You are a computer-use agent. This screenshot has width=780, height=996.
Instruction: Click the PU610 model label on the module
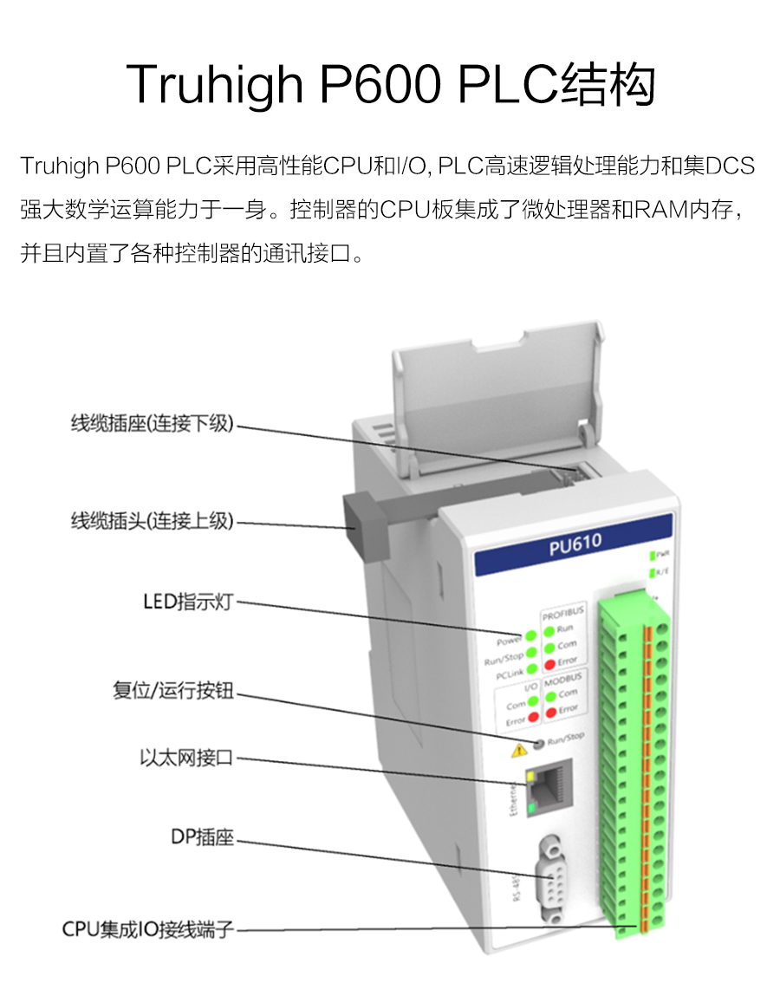(575, 544)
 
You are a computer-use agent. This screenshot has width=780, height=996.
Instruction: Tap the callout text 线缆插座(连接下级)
(153, 425)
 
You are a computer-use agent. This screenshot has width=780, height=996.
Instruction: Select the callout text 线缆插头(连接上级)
(153, 521)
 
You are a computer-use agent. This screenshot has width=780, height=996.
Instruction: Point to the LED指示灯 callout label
(188, 602)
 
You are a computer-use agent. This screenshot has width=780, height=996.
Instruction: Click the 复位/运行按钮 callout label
(173, 692)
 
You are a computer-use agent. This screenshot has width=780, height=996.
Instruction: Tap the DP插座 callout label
(202, 838)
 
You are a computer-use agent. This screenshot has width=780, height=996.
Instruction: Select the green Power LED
(530, 638)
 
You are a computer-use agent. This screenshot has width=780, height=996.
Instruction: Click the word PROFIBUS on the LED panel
(563, 612)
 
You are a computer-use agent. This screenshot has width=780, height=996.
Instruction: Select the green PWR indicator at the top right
(652, 554)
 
